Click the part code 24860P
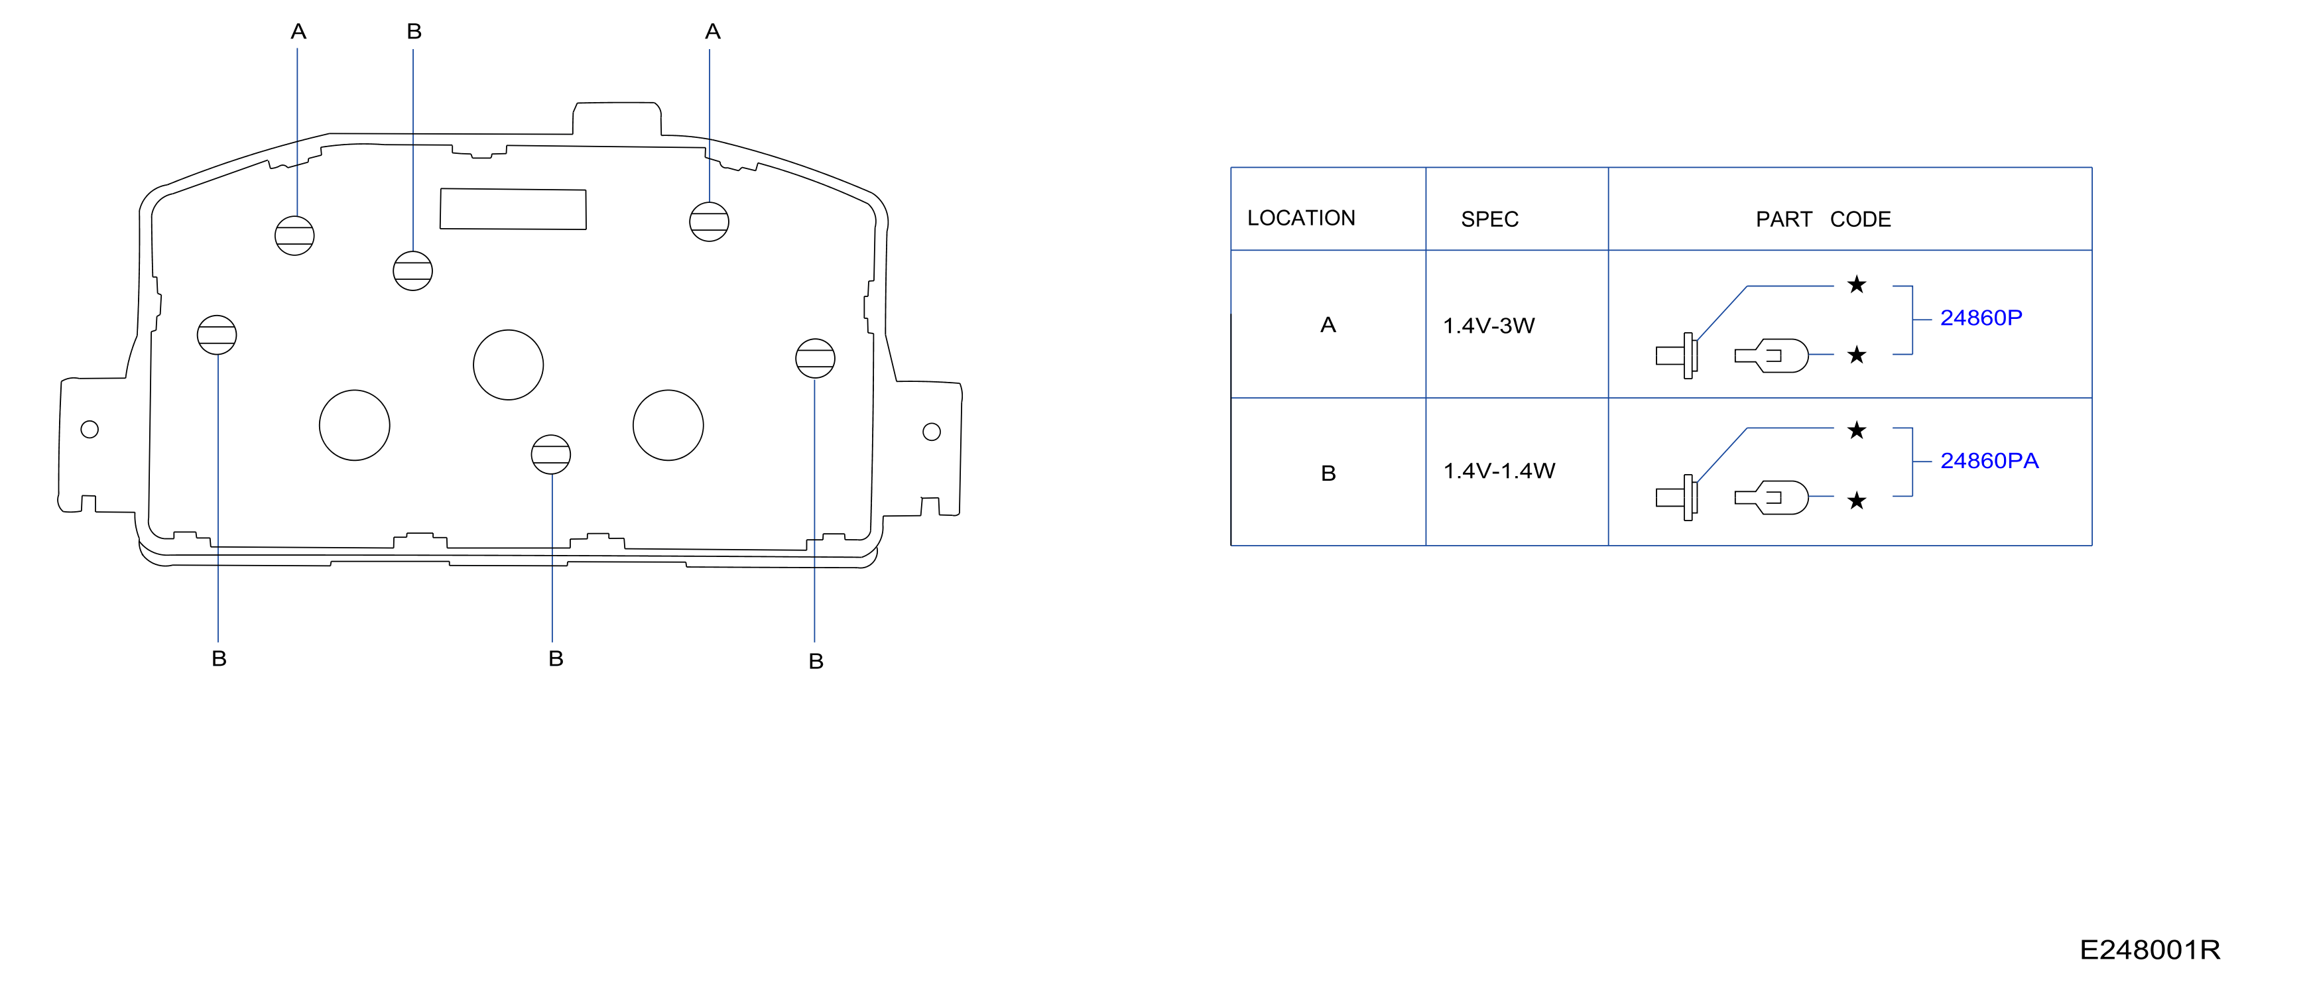(1981, 318)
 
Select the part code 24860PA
(1989, 461)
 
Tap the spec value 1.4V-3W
(1489, 326)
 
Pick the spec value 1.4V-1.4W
(1499, 471)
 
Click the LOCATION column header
(1300, 217)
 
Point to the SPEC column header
(1490, 219)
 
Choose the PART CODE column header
(1823, 219)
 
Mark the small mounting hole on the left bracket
(90, 429)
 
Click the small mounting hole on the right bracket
(931, 432)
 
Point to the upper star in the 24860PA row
(1856, 430)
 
